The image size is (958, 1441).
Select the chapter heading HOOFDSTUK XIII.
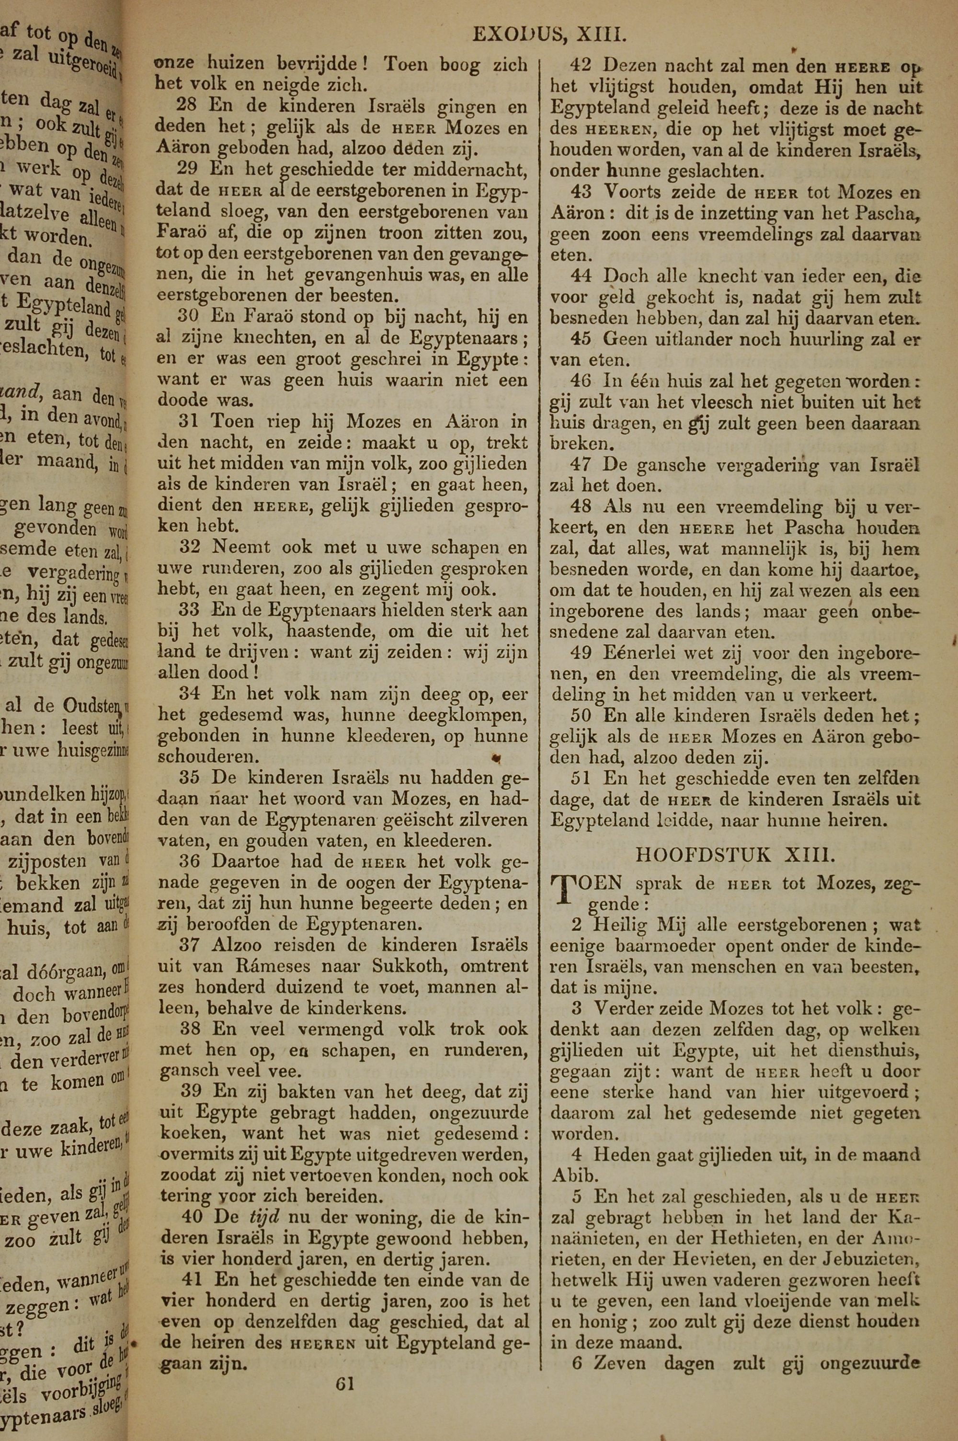735,855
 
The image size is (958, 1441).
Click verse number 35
191,778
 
